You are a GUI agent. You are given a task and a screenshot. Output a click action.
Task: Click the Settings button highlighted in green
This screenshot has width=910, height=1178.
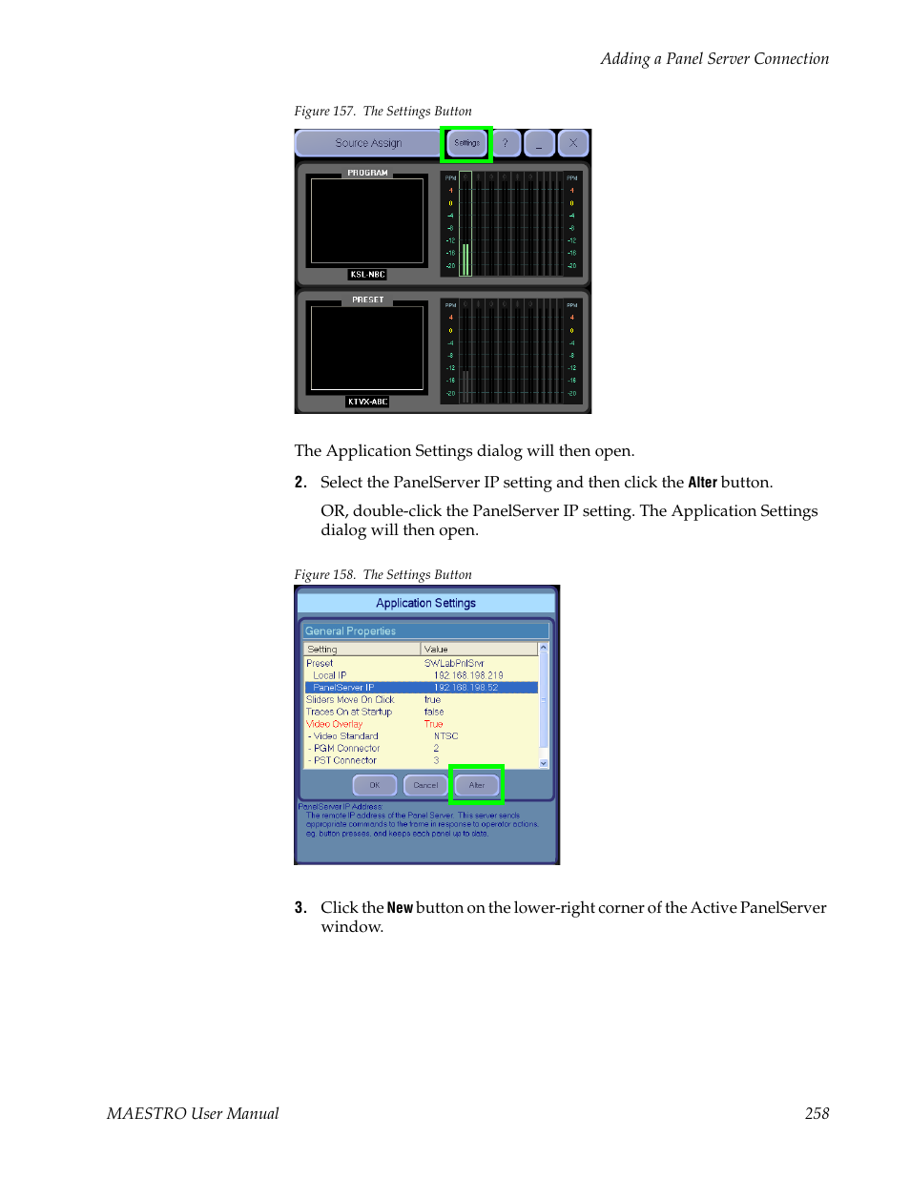point(466,143)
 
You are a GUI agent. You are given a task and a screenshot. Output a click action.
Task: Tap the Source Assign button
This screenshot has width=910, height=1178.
point(368,143)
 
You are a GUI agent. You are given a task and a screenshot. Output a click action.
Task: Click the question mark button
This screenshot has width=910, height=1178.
point(506,143)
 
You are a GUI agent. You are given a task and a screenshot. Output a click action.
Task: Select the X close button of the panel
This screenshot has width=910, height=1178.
point(573,143)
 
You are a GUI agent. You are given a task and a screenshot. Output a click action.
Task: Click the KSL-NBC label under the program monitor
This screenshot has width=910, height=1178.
point(367,275)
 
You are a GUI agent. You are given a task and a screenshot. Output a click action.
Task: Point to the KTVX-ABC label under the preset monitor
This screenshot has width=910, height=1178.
point(367,402)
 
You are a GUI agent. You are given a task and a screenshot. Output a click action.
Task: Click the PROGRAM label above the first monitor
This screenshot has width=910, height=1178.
point(367,173)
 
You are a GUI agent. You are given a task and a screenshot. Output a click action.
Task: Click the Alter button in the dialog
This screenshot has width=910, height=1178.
point(477,785)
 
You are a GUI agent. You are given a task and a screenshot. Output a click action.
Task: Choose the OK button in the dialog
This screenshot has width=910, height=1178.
point(375,785)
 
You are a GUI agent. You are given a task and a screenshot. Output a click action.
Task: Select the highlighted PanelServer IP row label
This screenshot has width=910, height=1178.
point(343,688)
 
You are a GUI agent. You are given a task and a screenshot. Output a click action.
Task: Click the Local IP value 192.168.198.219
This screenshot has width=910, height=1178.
point(468,675)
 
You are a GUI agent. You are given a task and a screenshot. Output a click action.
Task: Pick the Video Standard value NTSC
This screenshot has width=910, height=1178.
point(445,736)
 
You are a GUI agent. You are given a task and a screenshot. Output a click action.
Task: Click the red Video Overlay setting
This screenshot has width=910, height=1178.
point(334,724)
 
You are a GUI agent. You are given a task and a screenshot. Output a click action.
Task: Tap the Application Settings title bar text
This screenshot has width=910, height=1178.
point(425,603)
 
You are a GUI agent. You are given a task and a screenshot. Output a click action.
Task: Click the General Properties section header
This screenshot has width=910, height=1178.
point(350,631)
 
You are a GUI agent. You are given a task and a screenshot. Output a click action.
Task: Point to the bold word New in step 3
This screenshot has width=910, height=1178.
point(400,908)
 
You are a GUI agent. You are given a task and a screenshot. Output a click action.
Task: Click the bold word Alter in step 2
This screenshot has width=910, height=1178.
point(702,483)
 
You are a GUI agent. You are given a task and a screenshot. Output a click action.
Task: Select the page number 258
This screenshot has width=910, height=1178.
point(817,1113)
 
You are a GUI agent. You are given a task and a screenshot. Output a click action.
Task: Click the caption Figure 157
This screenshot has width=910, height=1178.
point(325,112)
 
